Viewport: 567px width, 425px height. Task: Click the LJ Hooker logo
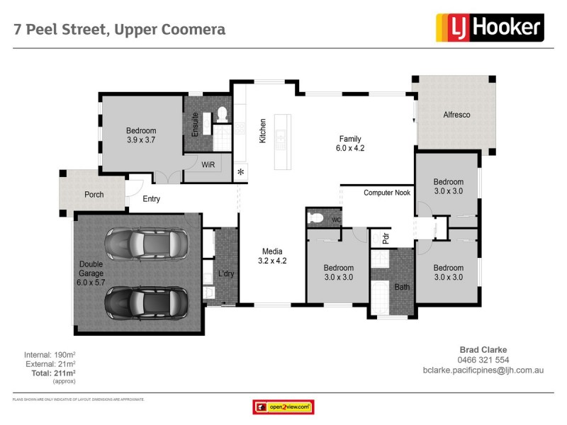click(489, 28)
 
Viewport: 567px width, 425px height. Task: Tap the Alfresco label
click(456, 115)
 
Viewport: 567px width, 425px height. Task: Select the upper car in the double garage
click(147, 245)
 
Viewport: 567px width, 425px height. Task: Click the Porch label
click(94, 195)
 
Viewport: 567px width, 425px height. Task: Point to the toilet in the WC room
click(317, 218)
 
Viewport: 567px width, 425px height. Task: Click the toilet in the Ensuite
click(220, 113)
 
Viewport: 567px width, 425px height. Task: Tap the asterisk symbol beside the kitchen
click(241, 172)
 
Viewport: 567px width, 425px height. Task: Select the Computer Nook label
click(387, 193)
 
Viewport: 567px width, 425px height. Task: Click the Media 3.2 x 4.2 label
click(273, 256)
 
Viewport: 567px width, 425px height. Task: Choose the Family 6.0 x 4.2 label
click(349, 144)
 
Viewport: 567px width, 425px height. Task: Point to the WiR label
click(208, 164)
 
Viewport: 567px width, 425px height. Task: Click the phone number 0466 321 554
click(484, 360)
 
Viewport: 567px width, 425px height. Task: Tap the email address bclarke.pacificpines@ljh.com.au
click(483, 370)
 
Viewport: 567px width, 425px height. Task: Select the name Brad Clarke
click(484, 349)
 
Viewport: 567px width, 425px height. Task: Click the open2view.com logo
click(283, 407)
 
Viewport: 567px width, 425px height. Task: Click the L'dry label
click(226, 274)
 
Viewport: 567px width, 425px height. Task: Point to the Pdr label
click(386, 239)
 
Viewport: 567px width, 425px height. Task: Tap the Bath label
click(401, 287)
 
